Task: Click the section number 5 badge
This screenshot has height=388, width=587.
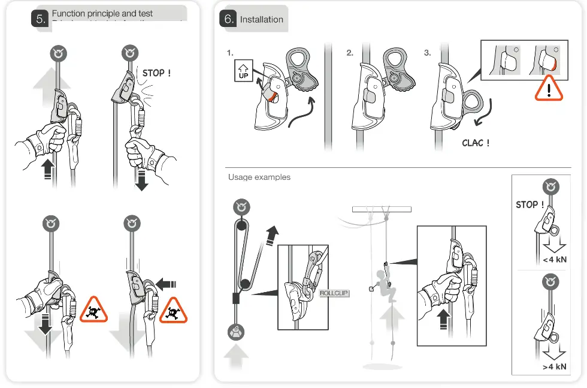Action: pyautogui.click(x=40, y=19)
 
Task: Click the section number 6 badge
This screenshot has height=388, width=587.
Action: pyautogui.click(x=229, y=19)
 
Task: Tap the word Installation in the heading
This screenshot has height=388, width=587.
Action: pyautogui.click(x=261, y=19)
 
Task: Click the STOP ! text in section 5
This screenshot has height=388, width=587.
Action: pyautogui.click(x=156, y=73)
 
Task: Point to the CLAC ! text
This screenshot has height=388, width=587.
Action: pyautogui.click(x=476, y=143)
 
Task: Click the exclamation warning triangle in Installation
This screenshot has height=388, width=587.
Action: pyautogui.click(x=549, y=89)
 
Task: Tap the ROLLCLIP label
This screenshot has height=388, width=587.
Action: pyautogui.click(x=334, y=293)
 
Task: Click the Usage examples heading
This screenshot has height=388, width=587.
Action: pyautogui.click(x=259, y=178)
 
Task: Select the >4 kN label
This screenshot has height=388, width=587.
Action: pyautogui.click(x=554, y=366)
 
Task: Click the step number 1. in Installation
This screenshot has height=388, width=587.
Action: pyautogui.click(x=230, y=53)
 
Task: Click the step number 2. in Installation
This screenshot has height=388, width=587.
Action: pyautogui.click(x=350, y=53)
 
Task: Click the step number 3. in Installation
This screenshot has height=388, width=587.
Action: pyautogui.click(x=427, y=53)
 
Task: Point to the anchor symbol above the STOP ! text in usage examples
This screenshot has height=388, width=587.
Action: pyautogui.click(x=550, y=187)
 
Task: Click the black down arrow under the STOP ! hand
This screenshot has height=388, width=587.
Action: pyautogui.click(x=141, y=179)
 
